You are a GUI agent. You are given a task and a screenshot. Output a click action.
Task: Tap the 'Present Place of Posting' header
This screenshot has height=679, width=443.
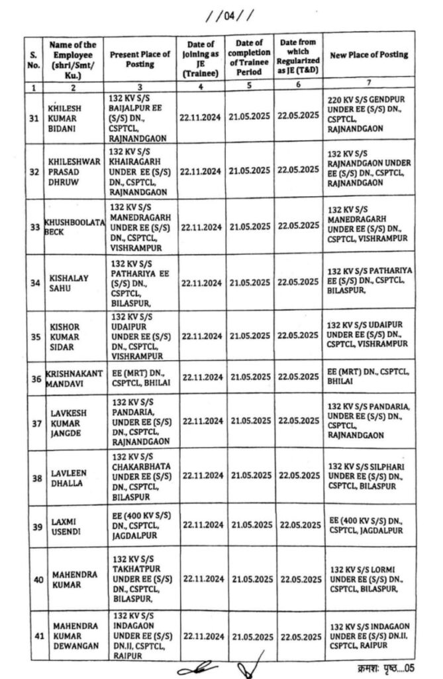click(x=140, y=60)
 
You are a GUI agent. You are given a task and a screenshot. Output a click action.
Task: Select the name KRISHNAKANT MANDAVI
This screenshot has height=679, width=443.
click(x=74, y=379)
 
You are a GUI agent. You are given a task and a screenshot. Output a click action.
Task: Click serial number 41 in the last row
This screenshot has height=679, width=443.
click(x=38, y=637)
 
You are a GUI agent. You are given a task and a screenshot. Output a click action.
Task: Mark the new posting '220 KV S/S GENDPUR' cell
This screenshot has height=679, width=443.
click(x=369, y=114)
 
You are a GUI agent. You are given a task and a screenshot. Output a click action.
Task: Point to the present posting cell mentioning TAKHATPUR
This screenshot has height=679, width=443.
click(x=140, y=578)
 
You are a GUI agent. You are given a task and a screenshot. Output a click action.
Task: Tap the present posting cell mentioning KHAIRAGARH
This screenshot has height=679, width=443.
click(x=140, y=170)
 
